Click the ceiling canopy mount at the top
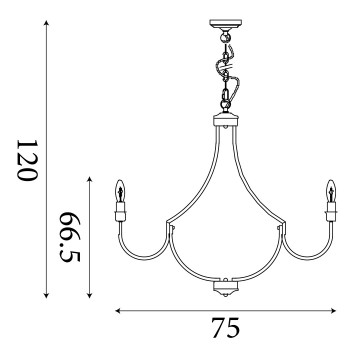point(224,24)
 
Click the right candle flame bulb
point(330,189)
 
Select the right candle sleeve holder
point(330,210)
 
